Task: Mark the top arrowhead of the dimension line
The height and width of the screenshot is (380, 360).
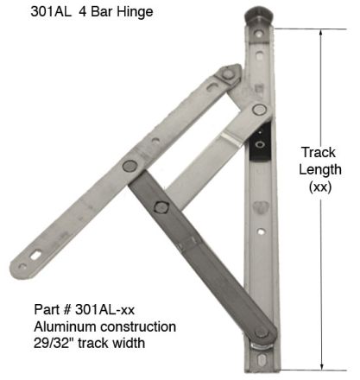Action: (324, 34)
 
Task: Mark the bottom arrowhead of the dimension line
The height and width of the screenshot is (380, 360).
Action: (324, 364)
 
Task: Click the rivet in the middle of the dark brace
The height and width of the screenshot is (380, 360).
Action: (161, 206)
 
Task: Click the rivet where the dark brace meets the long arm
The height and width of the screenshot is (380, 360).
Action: (152, 164)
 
